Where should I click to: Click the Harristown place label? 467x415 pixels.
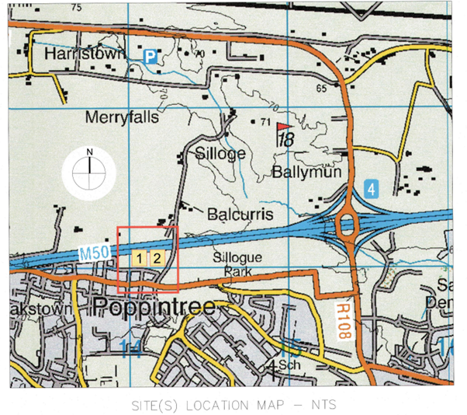coord(74,55)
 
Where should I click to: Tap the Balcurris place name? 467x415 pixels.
coord(240,213)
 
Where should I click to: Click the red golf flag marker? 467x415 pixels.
coord(284,127)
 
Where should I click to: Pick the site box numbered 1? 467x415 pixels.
coord(140,258)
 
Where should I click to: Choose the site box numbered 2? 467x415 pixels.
coord(156,258)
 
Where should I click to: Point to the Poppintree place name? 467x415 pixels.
coord(153,307)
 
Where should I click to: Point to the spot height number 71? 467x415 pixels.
coord(265,123)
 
